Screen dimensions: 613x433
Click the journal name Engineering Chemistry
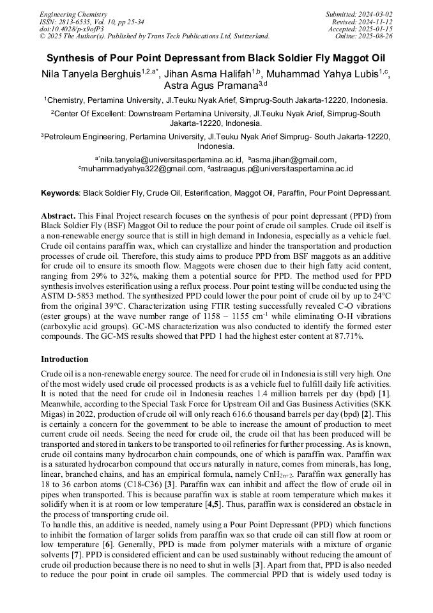[x=73, y=14]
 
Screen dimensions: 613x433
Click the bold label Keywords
[x=59, y=192]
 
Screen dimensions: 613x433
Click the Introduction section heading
[x=65, y=359]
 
